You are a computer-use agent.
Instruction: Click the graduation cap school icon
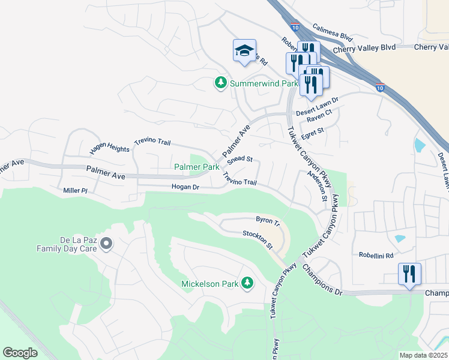point(244,50)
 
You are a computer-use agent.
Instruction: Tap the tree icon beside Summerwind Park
point(221,83)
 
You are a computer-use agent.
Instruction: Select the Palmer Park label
point(196,167)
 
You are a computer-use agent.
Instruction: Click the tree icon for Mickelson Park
point(247,283)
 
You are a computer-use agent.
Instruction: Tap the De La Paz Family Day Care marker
point(106,244)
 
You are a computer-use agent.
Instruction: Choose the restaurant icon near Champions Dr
point(409,274)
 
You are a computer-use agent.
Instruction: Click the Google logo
point(20,353)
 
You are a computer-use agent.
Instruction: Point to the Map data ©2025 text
point(423,355)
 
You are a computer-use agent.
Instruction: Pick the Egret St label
point(312,130)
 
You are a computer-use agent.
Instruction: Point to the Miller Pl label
point(76,190)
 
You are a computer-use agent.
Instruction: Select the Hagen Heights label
point(110,148)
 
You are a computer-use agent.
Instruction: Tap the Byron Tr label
point(268,221)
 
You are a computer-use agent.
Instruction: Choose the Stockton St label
point(258,240)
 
